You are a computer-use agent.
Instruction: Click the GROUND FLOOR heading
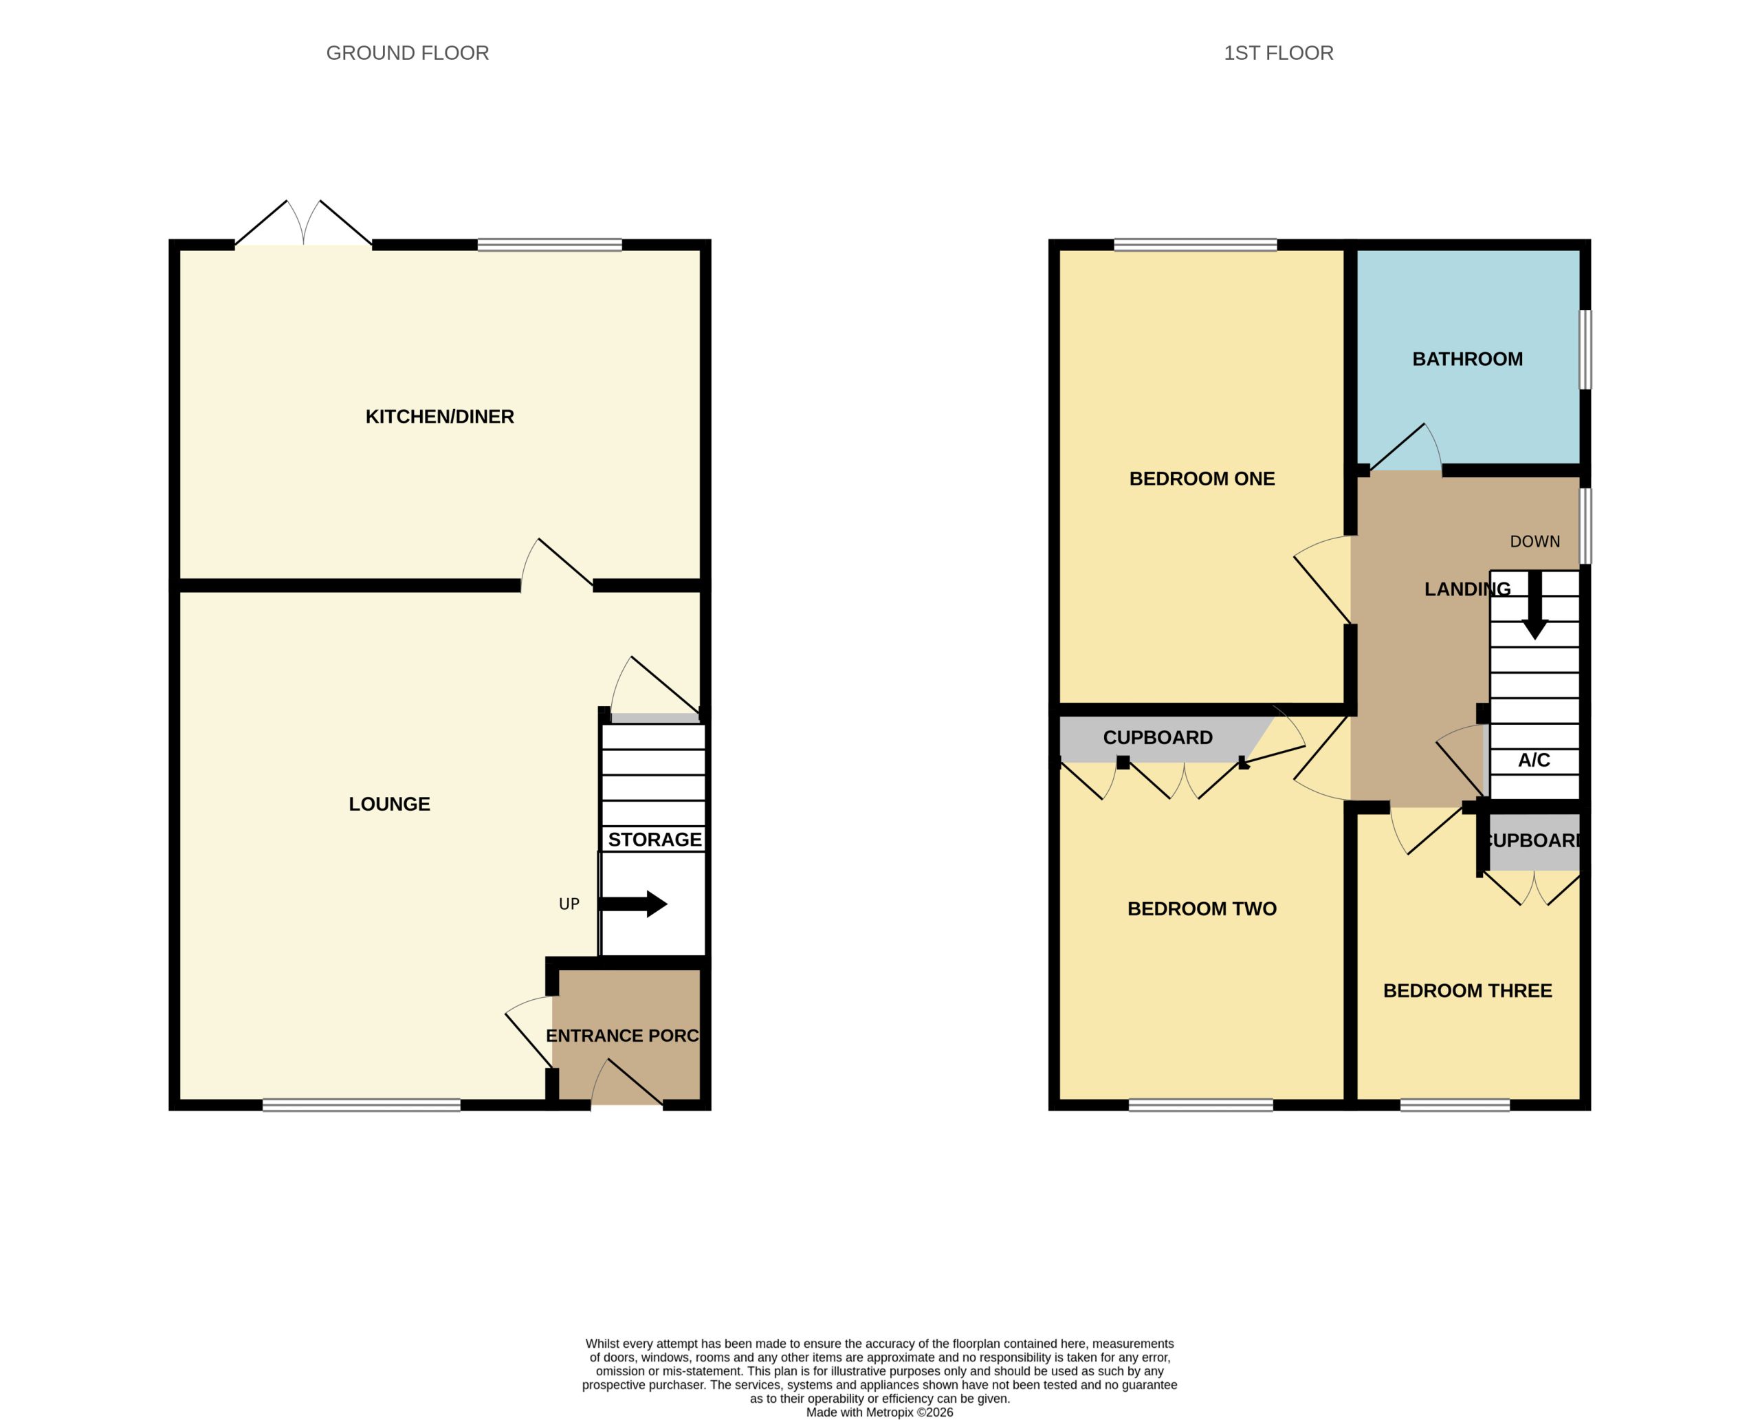pos(407,53)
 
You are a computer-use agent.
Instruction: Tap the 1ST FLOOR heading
pos(1278,53)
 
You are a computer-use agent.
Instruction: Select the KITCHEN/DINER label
pos(439,416)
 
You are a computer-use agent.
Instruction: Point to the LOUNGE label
pos(389,804)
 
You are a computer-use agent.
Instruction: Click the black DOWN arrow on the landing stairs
pos(1535,605)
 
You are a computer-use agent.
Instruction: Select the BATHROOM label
pos(1467,359)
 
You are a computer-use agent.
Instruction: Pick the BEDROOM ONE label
pos(1202,479)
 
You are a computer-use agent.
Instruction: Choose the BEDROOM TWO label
pos(1202,909)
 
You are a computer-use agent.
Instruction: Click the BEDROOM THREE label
pos(1467,991)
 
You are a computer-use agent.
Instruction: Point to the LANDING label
pos(1467,589)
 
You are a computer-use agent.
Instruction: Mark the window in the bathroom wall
pos(1585,349)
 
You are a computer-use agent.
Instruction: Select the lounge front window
pos(362,1105)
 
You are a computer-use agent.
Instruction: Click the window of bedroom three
pos(1455,1105)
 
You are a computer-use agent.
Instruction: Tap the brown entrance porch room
pos(626,1035)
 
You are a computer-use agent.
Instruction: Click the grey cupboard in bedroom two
pos(1157,739)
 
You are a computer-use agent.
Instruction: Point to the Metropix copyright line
pos(879,1412)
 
